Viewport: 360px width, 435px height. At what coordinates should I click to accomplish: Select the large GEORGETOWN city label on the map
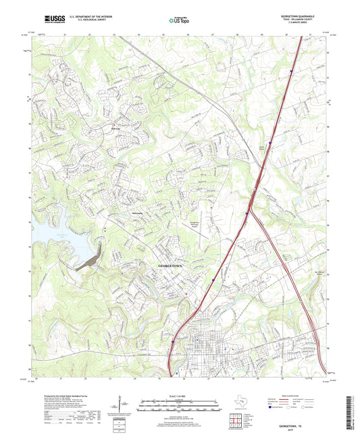(x=170, y=266)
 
